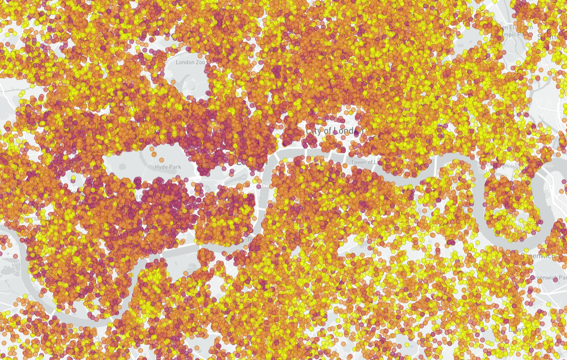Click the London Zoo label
190,62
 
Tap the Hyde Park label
168,167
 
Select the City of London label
334,131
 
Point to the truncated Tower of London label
365,162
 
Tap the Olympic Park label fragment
518,34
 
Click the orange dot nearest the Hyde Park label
155,155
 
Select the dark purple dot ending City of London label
357,132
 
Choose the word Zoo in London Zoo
201,62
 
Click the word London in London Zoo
185,62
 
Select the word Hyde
161,167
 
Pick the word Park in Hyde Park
174,167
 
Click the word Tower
358,162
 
